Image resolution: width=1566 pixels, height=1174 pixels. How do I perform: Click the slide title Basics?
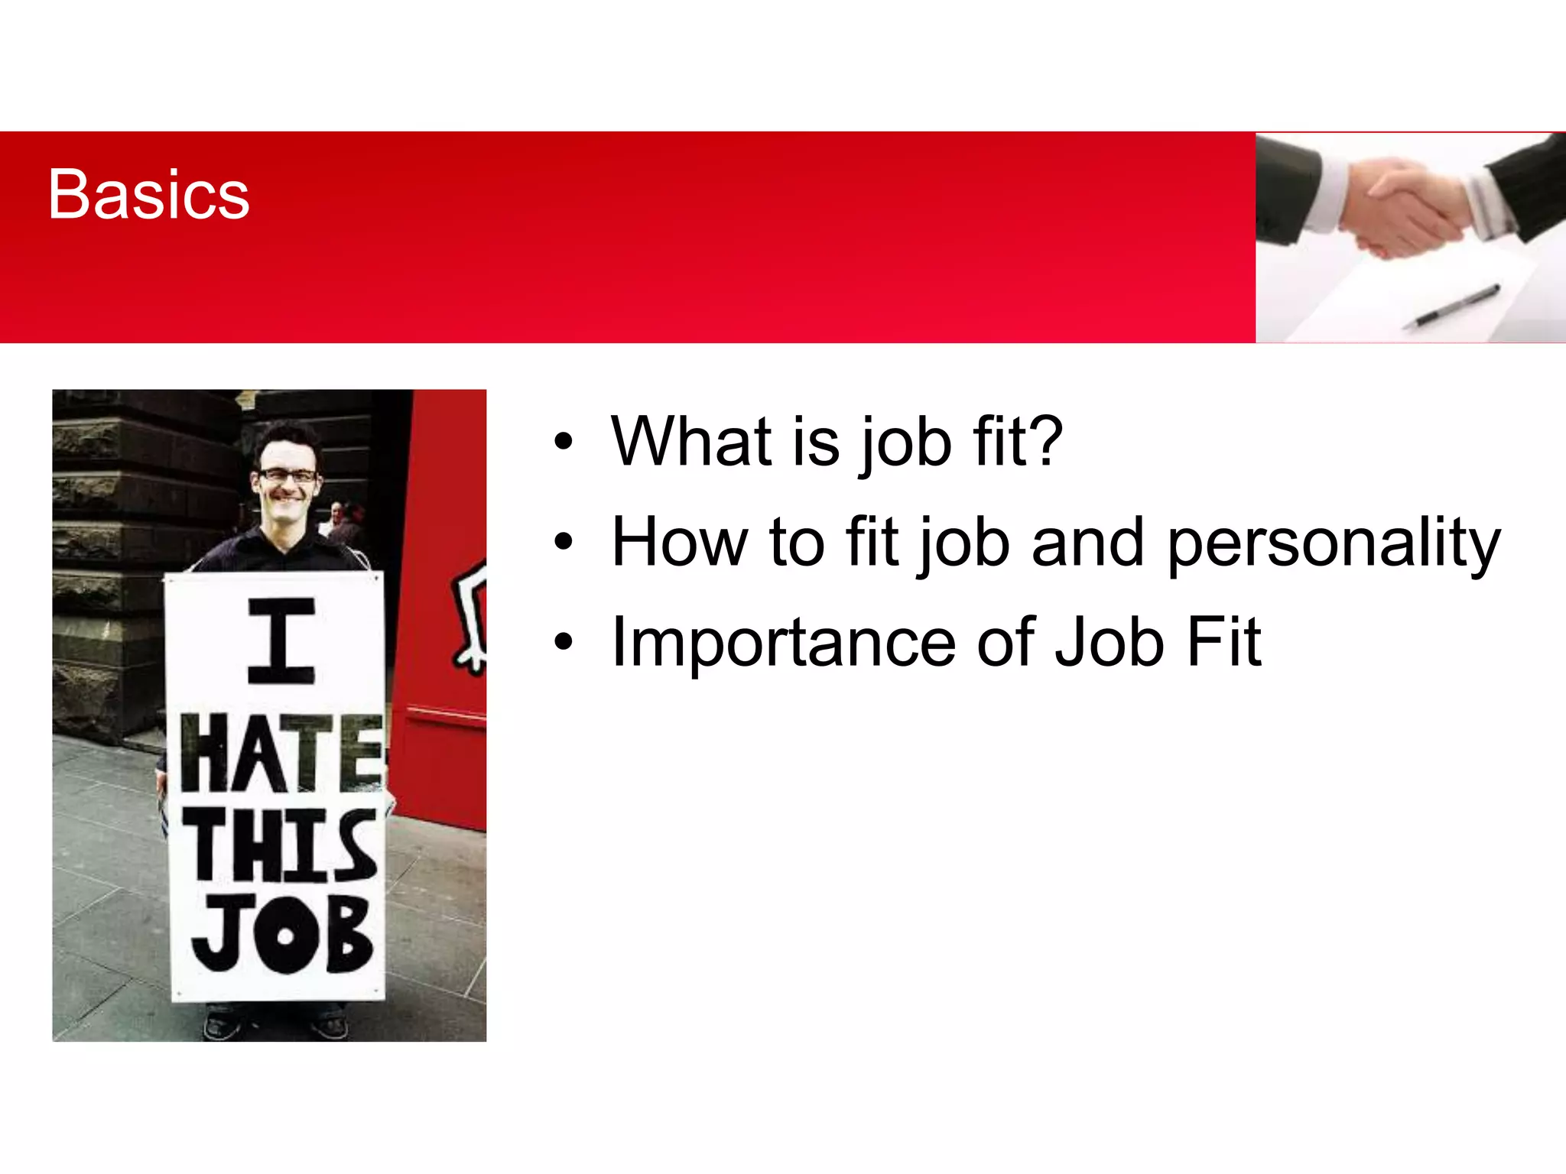[x=148, y=195]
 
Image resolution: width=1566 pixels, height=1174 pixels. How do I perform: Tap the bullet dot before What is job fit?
[x=564, y=442]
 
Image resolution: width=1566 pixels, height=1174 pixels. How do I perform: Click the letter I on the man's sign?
[x=281, y=641]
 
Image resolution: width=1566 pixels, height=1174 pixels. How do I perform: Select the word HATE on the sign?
[x=281, y=754]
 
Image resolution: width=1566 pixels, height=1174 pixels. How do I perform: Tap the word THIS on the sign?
[x=281, y=845]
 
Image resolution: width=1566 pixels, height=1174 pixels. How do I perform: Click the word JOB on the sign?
[x=281, y=934]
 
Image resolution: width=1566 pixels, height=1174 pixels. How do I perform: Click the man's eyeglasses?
[x=287, y=475]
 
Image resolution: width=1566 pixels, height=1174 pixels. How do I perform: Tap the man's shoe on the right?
[x=330, y=1023]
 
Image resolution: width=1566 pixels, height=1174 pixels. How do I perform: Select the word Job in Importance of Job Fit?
[x=1110, y=644]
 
